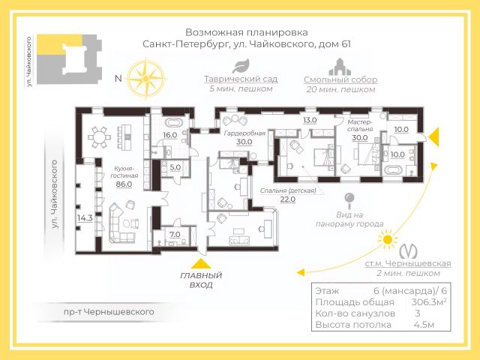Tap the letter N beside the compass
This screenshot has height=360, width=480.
coord(118,78)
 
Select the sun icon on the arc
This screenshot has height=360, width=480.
coord(387,240)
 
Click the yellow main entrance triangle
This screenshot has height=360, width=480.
coord(199,263)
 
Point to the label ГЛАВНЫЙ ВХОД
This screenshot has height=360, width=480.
coord(196,280)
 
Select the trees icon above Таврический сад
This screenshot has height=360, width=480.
coord(235,67)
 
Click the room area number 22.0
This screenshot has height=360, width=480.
coord(288,199)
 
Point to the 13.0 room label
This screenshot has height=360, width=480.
coord(310,120)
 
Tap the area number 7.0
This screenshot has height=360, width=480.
coord(174,235)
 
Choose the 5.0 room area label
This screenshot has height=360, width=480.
coord(175,167)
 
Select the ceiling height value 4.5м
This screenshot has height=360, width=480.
coord(423,325)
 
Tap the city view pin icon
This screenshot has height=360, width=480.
coord(349,200)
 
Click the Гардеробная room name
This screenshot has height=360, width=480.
coord(244,133)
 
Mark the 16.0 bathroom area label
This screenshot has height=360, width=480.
coord(169,135)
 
